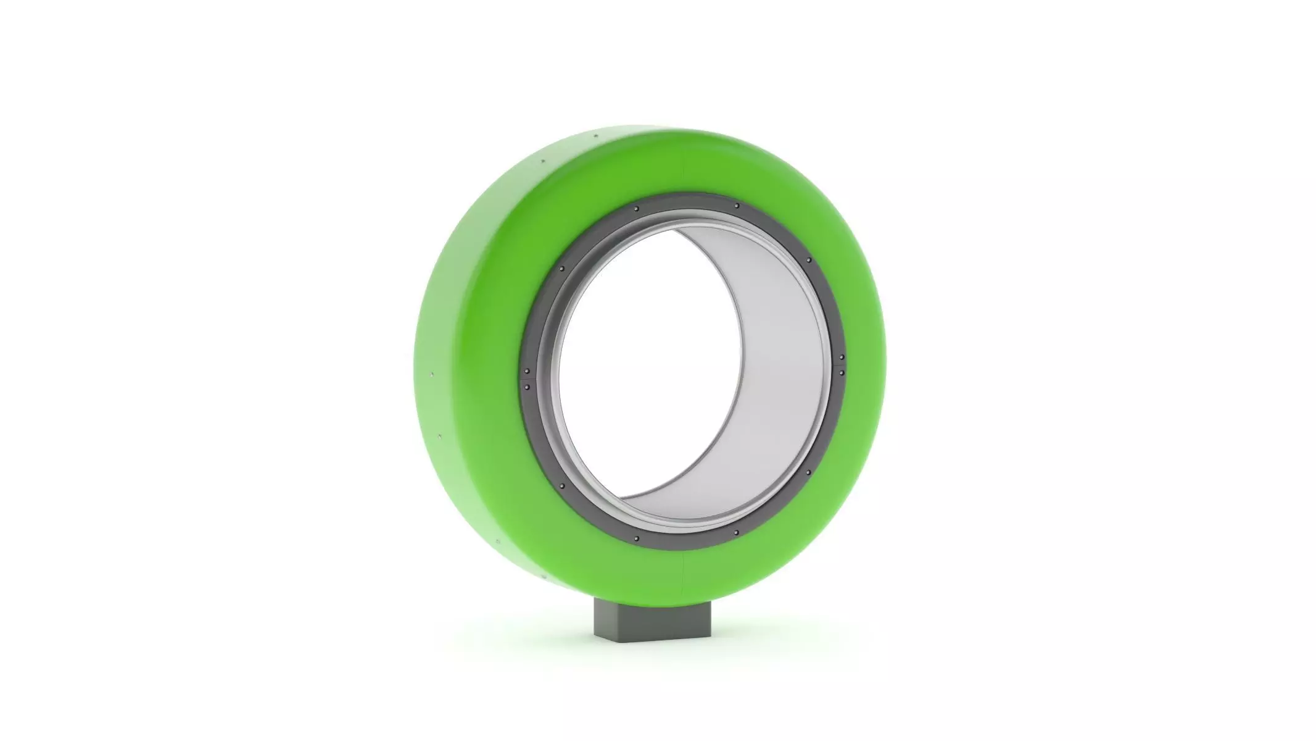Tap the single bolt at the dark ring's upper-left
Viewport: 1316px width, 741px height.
tap(561, 269)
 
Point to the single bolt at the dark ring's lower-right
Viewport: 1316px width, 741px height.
tap(808, 472)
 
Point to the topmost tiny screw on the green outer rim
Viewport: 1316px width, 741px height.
tap(595, 136)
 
